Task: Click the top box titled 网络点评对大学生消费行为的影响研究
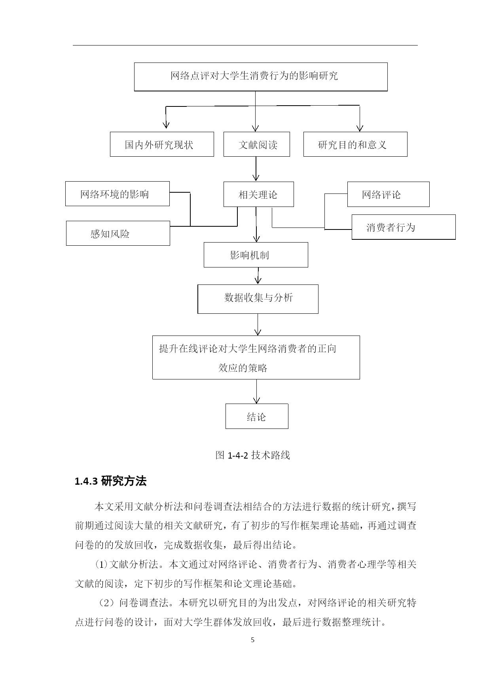[261, 77]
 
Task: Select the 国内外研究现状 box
[162, 144]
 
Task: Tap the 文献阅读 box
[257, 144]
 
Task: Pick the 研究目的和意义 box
[355, 144]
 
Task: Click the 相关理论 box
[259, 194]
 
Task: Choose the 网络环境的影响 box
[118, 194]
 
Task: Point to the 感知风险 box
[118, 233]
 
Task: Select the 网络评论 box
[389, 194]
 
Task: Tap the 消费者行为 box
[404, 227]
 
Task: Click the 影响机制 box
[256, 255]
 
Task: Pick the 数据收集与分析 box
[258, 299]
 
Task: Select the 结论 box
[257, 416]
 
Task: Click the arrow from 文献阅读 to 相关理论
[256, 169]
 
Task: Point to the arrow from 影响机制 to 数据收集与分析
[258, 276]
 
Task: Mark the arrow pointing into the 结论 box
[257, 391]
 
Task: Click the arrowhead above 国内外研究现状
[166, 125]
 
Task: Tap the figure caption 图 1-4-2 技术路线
[253, 455]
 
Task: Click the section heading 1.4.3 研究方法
[111, 482]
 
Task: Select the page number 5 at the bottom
[253, 640]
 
